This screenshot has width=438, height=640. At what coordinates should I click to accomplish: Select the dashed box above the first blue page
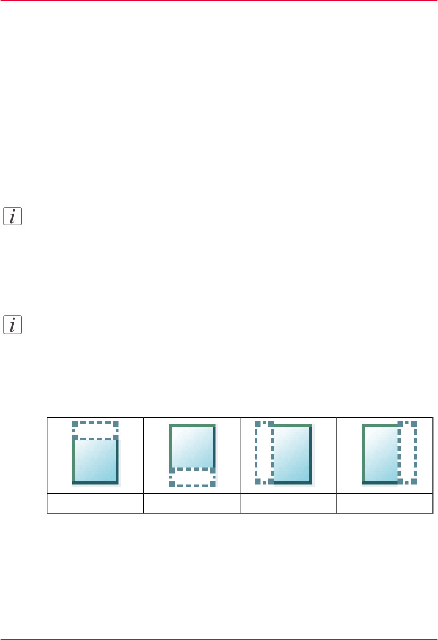click(95, 431)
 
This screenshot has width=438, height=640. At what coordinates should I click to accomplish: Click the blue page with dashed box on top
click(95, 461)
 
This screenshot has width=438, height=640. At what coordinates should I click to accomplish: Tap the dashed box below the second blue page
click(192, 477)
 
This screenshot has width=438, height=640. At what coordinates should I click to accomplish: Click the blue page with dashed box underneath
click(192, 447)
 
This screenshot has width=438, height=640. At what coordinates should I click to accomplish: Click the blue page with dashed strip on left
click(293, 454)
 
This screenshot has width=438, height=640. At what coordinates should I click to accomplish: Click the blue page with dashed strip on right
click(380, 454)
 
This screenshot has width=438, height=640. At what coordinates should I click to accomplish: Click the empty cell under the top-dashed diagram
click(95, 503)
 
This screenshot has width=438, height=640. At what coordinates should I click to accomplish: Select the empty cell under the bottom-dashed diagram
click(192, 503)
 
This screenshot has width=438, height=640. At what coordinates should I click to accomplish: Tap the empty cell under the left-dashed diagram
click(288, 503)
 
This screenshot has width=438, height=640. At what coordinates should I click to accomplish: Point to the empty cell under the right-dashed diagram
click(385, 503)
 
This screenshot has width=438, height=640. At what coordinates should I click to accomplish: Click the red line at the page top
click(219, 1)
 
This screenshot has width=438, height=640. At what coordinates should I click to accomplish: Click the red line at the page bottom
click(219, 638)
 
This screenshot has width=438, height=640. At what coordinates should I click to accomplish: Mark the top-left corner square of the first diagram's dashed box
click(75, 423)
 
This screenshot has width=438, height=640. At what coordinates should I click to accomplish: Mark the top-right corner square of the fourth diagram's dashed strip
click(414, 424)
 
